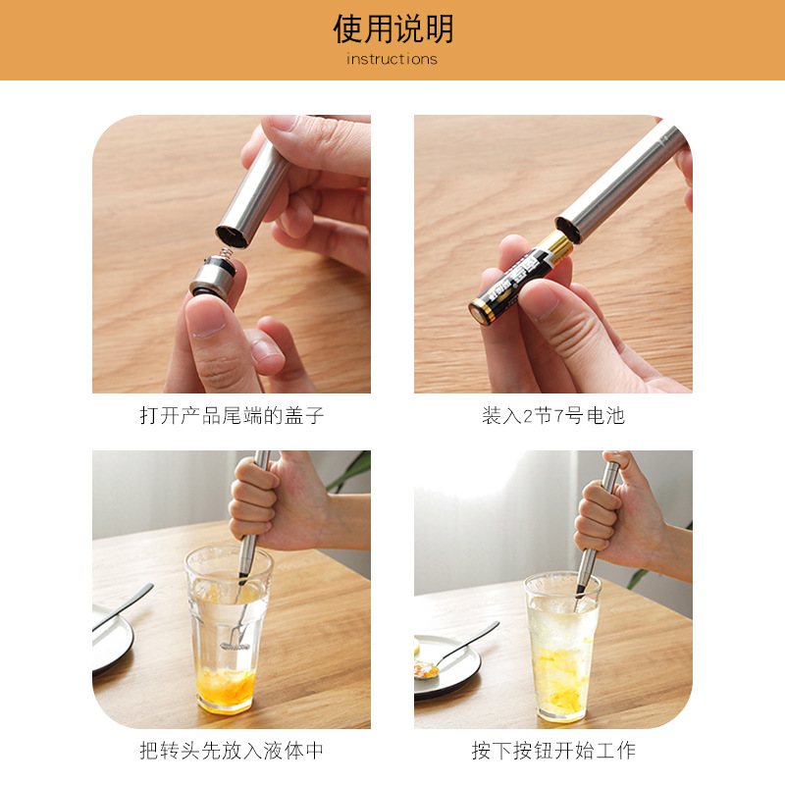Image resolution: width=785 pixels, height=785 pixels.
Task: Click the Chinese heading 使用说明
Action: point(392,29)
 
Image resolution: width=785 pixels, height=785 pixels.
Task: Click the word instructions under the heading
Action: point(392,60)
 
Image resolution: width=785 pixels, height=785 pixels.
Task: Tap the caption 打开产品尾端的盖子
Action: point(232,416)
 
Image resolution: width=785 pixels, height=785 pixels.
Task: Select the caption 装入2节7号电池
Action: point(552,416)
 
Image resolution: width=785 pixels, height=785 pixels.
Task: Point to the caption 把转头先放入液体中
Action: point(232,752)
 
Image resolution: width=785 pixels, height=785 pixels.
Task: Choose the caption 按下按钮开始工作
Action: point(552,752)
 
